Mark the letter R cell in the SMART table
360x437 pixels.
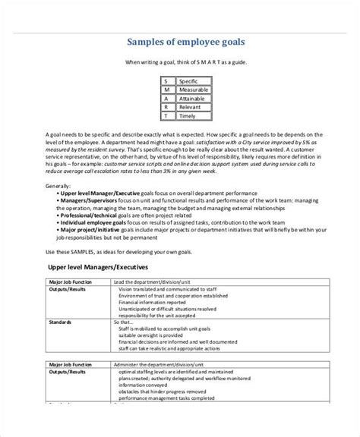167,108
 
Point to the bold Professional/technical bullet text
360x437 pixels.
87,216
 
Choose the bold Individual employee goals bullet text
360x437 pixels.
90,224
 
